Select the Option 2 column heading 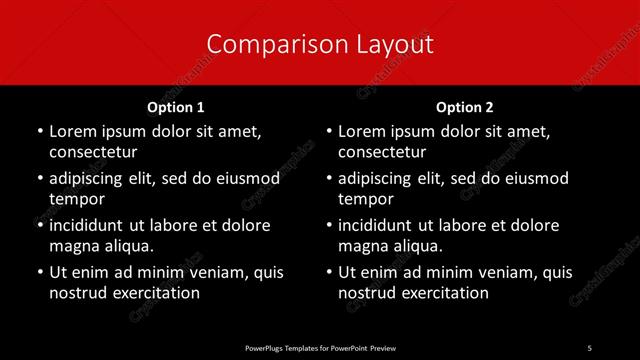tap(465, 107)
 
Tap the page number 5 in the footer tap(589, 347)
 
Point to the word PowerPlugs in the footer tap(266, 347)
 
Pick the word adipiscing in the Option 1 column tap(91, 178)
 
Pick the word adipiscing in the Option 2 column tap(380, 178)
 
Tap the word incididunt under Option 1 tap(91, 225)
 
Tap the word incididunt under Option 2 tap(380, 225)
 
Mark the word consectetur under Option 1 tap(93, 152)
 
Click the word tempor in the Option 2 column tap(365, 199)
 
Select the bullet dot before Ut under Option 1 tap(38, 272)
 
